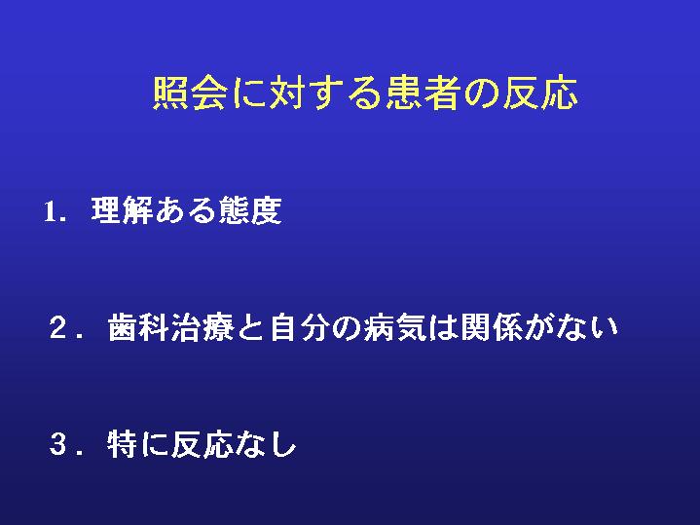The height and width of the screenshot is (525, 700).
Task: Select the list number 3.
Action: tap(58, 444)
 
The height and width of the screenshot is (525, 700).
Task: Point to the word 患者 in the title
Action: tap(423, 93)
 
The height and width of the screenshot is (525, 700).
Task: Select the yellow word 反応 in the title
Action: tap(540, 93)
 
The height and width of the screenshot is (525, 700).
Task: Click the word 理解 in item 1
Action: tap(123, 210)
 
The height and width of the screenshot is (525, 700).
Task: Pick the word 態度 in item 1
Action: tap(250, 210)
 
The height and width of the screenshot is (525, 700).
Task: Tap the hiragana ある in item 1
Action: tap(186, 210)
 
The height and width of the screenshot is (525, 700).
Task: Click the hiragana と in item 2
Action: tap(251, 328)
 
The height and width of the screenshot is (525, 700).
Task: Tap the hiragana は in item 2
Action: tap(443, 328)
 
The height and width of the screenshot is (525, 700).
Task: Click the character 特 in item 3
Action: tap(123, 444)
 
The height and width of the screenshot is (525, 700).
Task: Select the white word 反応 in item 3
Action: tap(202, 444)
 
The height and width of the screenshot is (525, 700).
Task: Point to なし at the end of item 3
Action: tap(265, 444)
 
